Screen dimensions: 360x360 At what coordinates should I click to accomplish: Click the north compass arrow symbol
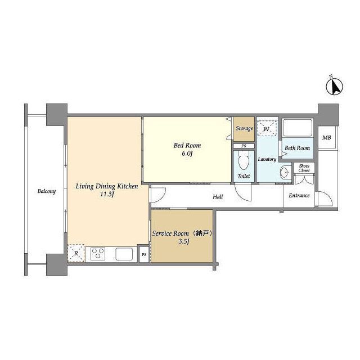click(335, 86)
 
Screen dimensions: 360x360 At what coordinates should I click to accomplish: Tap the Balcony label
click(47, 191)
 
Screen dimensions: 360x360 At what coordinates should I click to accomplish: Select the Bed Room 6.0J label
click(187, 149)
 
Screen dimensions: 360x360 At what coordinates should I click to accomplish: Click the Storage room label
click(244, 128)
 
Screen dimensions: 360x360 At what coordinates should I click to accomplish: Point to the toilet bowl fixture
click(244, 160)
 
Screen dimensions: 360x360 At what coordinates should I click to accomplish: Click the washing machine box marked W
click(267, 129)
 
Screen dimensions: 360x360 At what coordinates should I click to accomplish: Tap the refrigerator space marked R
click(76, 253)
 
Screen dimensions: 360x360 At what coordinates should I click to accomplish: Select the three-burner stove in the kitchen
click(98, 254)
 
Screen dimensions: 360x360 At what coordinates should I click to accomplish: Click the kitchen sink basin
click(124, 254)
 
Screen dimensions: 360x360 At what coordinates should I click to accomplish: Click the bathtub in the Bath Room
click(298, 128)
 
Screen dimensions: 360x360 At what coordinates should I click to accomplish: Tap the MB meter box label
click(326, 138)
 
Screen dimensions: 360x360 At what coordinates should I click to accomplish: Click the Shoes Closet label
click(304, 168)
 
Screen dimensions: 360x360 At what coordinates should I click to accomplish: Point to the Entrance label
click(299, 196)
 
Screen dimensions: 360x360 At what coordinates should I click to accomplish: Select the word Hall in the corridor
click(218, 197)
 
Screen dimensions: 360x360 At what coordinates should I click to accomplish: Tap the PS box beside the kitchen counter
click(144, 254)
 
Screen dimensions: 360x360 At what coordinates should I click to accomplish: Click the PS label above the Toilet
click(244, 146)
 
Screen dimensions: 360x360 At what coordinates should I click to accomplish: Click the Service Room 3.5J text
click(182, 237)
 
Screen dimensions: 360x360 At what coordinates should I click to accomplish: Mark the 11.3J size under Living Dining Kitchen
click(107, 194)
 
